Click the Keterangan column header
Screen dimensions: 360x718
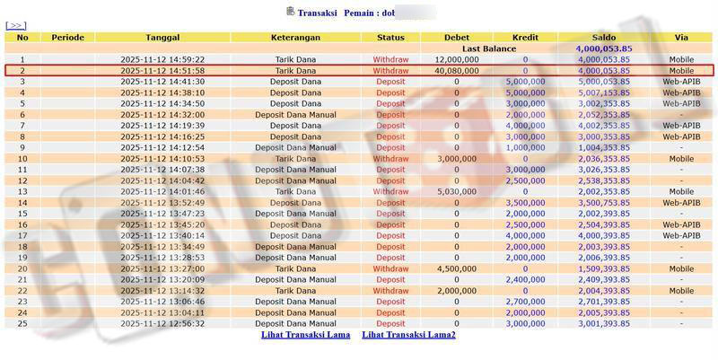[296, 37]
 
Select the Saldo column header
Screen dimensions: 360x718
[604, 37]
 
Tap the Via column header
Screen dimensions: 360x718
[680, 37]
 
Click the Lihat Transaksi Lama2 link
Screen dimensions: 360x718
[408, 335]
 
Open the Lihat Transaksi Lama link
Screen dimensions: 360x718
[305, 335]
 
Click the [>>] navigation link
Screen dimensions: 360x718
[16, 26]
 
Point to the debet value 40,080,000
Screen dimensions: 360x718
[456, 70]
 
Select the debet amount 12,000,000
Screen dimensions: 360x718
[456, 59]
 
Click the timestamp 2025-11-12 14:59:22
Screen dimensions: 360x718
[162, 59]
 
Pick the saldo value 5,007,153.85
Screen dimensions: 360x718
[604, 92]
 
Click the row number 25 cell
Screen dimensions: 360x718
[22, 324]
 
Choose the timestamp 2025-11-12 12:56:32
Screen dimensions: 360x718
[162, 324]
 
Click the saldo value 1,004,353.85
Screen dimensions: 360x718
[604, 147]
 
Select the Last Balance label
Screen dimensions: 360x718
[489, 48]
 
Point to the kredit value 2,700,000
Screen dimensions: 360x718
[525, 302]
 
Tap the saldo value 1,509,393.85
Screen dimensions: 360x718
[604, 268]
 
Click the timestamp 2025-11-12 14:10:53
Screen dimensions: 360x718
[162, 158]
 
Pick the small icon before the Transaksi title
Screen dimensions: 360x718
[290, 12]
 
